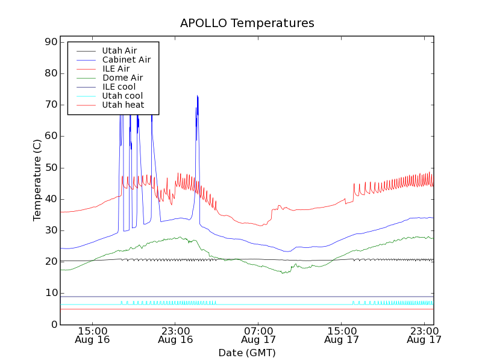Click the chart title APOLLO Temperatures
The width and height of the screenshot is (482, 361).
pos(247,23)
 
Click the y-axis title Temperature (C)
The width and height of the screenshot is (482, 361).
pos(37,179)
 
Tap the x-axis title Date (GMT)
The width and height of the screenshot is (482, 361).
pos(247,353)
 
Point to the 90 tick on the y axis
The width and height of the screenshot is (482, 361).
pos(50,42)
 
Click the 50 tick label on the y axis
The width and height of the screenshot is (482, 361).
pos(50,167)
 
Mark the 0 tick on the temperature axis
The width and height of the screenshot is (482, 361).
pos(54,324)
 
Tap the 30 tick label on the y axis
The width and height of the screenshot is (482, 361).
pos(50,230)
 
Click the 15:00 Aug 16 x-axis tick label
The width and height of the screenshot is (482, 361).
pos(93,335)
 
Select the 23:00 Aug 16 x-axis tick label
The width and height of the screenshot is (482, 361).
pos(175,335)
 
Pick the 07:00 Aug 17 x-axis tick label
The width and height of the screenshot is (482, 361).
pos(258,335)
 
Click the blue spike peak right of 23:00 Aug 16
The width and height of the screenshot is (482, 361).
pos(197,96)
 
